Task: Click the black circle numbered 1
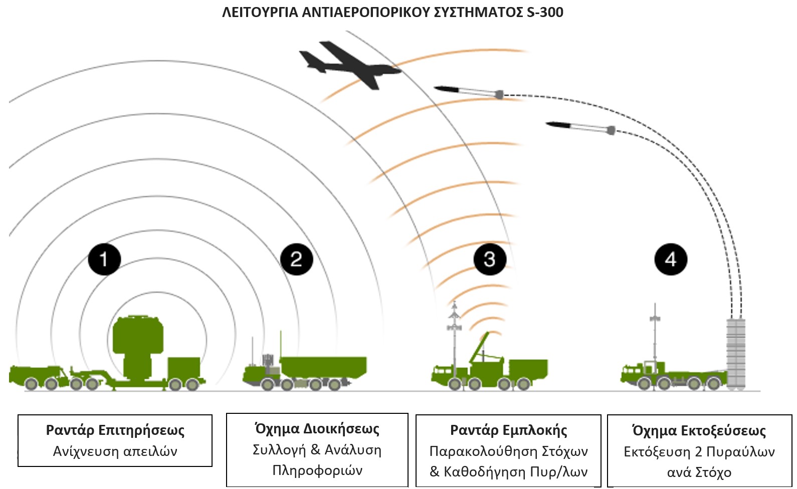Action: pyautogui.click(x=104, y=260)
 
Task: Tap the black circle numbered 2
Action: pyautogui.click(x=297, y=260)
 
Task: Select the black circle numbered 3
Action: pyautogui.click(x=490, y=260)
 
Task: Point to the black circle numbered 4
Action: pyautogui.click(x=671, y=260)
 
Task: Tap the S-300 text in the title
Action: pyautogui.click(x=545, y=12)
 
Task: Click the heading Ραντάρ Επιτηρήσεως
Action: pyautogui.click(x=115, y=430)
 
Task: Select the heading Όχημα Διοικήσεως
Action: pyautogui.click(x=317, y=429)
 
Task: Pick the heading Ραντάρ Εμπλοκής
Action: pyautogui.click(x=508, y=430)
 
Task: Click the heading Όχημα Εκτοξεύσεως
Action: pyautogui.click(x=699, y=431)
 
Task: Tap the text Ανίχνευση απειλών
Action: pyautogui.click(x=115, y=451)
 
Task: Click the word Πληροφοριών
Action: pyautogui.click(x=317, y=470)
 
